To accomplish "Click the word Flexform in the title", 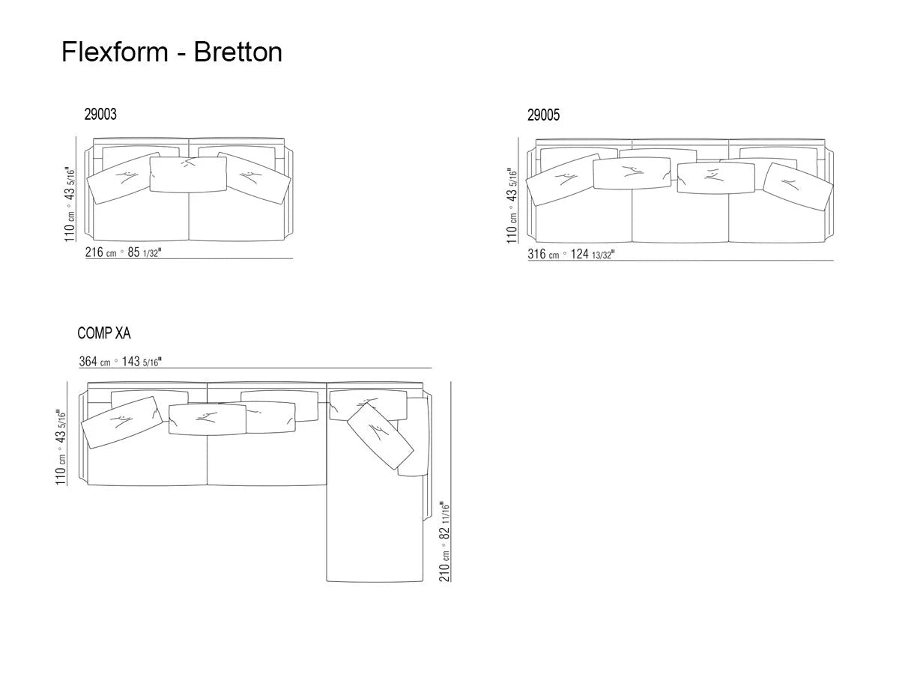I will click(x=115, y=52).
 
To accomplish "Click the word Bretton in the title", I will click(x=238, y=52).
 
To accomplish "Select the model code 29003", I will click(x=100, y=115).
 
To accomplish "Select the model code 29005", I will click(x=543, y=115).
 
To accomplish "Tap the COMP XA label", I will click(x=104, y=334).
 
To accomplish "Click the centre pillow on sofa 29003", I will click(x=187, y=174).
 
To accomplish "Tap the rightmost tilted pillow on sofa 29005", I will click(x=798, y=185).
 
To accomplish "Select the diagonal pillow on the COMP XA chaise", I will click(x=381, y=436).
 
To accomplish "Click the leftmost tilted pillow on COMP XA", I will click(x=122, y=421).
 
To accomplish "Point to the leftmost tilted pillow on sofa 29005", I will click(x=562, y=180).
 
